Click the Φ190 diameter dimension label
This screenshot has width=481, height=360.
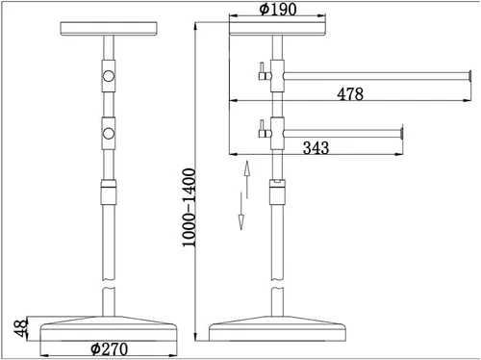coord(278,9)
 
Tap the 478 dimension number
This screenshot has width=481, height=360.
coord(350,94)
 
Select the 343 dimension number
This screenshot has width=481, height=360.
coord(316,148)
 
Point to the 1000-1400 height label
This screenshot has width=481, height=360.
coord(189,208)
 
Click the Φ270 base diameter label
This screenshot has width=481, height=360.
coord(109,348)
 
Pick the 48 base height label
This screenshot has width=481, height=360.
coord(21,328)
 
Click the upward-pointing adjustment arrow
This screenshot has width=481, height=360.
coord(246,179)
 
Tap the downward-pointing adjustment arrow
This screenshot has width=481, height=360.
coord(241,211)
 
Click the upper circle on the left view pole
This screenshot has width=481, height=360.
coord(109,76)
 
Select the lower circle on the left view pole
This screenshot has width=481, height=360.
coord(109,133)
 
